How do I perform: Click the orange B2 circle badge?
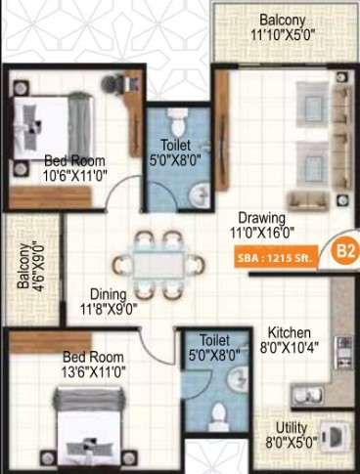(345, 251)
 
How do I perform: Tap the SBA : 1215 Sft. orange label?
(276, 258)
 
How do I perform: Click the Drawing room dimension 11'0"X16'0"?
(262, 233)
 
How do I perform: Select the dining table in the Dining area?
(158, 265)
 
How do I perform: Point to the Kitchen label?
(290, 332)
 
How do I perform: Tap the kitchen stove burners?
(344, 353)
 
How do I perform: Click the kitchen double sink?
(308, 395)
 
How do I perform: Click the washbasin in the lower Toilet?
(238, 379)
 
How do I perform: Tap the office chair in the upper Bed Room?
(112, 84)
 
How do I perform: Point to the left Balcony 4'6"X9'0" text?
(30, 266)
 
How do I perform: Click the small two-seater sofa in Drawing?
(308, 200)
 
